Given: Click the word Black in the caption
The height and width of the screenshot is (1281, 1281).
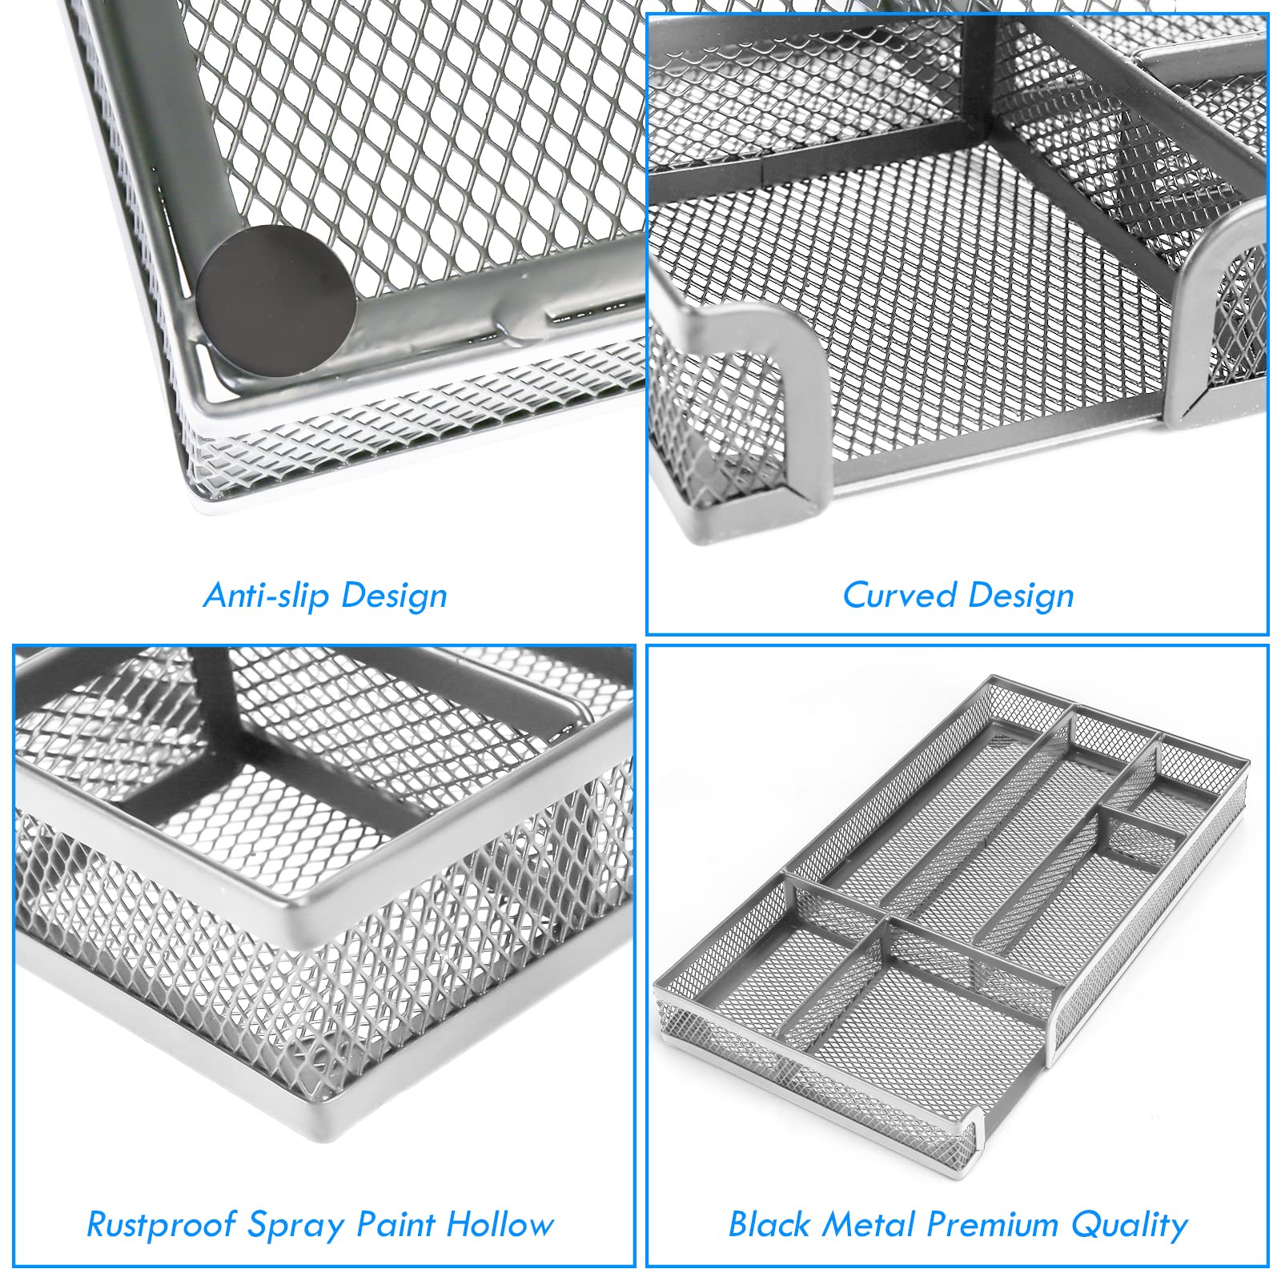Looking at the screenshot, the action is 769,1224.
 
